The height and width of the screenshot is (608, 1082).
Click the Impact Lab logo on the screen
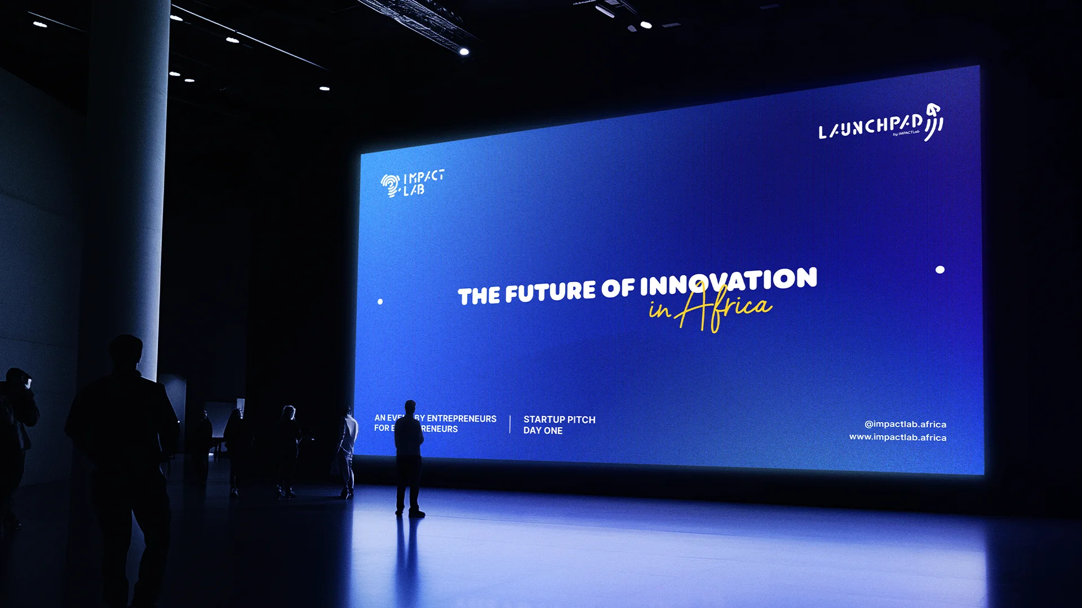tap(412, 184)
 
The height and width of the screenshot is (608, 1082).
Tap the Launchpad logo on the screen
tap(880, 124)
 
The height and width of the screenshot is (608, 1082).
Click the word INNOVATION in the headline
tap(728, 281)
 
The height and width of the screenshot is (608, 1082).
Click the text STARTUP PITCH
tap(559, 419)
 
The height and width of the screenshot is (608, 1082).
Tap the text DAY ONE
tap(543, 431)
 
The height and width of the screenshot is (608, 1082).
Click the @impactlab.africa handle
tap(905, 424)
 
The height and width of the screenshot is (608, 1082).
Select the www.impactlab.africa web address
tap(898, 437)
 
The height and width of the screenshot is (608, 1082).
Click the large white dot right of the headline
tap(940, 270)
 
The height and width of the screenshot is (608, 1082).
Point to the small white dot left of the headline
tap(380, 302)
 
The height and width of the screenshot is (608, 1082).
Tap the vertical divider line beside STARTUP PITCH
tap(510, 424)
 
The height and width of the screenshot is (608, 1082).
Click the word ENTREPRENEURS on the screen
tap(462, 418)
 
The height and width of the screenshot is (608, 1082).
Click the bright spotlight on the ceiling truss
tap(464, 51)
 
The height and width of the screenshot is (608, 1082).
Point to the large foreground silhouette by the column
tap(124, 450)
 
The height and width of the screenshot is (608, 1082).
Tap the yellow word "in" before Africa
tap(659, 309)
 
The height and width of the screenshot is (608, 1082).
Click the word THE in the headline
tap(478, 296)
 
